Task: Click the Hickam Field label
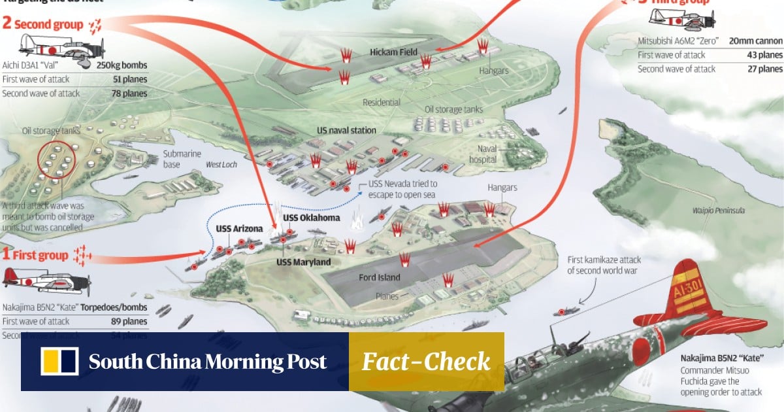click(x=394, y=52)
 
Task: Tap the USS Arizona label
click(x=239, y=229)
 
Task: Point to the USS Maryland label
click(x=303, y=262)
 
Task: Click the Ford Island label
click(x=379, y=277)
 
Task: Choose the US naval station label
click(x=346, y=130)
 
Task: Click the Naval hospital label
click(x=487, y=154)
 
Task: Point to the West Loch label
click(x=221, y=165)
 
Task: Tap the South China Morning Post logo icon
click(x=59, y=362)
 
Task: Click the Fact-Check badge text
click(x=426, y=362)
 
